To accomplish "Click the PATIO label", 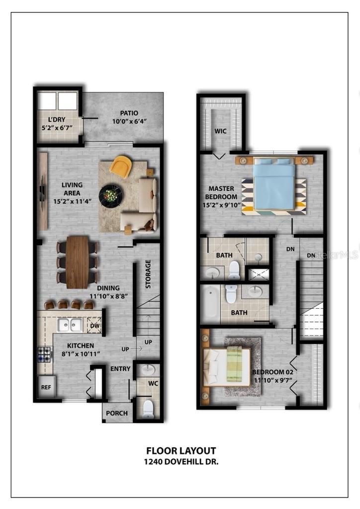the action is [129, 113].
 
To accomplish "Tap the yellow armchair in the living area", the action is [121, 166].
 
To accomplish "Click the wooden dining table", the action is [77, 262].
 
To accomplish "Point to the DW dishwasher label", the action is [95, 326].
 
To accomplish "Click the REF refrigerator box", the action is [46, 387].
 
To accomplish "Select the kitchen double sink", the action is [70, 325].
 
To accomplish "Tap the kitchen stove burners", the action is [45, 354].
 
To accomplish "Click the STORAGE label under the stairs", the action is [148, 274].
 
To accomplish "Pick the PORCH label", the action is [117, 413].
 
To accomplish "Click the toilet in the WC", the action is [148, 409].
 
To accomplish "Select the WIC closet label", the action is [220, 131].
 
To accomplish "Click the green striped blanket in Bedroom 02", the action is [235, 363].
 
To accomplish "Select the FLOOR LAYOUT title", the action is [181, 451].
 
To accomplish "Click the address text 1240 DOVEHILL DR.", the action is [181, 462].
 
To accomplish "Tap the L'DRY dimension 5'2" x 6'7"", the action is [57, 128].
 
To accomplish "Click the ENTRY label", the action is [120, 369].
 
